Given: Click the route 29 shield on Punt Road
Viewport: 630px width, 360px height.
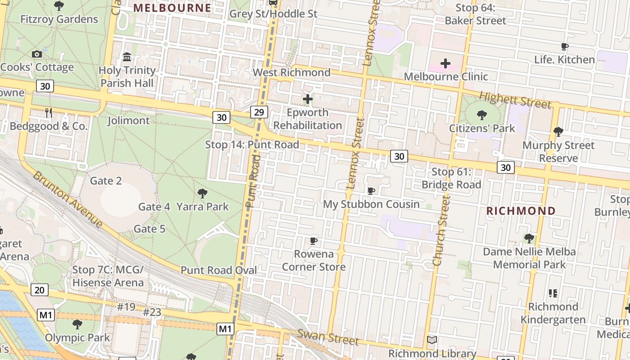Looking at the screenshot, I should [258, 112].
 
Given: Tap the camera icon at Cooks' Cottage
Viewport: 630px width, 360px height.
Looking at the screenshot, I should [37, 54].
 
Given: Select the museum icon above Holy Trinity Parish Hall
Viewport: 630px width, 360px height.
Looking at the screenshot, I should [127, 57].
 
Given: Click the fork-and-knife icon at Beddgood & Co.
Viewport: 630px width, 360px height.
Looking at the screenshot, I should [49, 113].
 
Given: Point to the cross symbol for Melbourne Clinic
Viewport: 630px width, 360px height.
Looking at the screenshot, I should [445, 63].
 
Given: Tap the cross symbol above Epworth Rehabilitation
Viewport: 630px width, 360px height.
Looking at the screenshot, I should [308, 99].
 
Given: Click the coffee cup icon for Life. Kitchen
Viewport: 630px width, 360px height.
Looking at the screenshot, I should [564, 46].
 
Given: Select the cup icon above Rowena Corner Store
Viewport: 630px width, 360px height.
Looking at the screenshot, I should [314, 241].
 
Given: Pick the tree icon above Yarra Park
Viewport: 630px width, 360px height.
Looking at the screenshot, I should [202, 193].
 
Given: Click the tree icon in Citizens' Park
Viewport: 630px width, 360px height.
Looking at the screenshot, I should [482, 115].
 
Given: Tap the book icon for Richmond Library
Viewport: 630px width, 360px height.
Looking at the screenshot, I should [432, 340].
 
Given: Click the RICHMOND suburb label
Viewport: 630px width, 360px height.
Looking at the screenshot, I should [521, 211].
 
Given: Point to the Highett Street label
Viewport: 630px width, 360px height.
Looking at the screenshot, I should [515, 100].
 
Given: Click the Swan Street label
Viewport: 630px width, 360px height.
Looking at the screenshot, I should [328, 337].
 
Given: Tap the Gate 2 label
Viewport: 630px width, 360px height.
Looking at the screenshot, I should [106, 181].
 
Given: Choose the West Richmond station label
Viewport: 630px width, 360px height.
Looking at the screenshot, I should [291, 72].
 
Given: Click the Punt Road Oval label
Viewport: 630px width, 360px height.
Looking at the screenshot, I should [219, 270].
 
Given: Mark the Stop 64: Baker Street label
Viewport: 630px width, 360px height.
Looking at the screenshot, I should [475, 14].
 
